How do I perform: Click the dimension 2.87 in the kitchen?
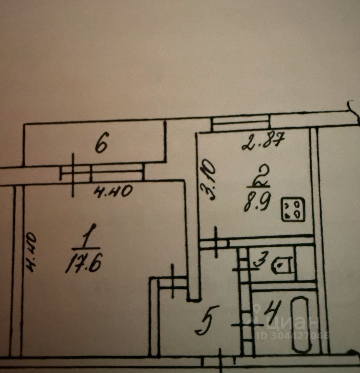[263, 142]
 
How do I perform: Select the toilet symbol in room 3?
[283, 266]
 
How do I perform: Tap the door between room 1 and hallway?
[173, 281]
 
